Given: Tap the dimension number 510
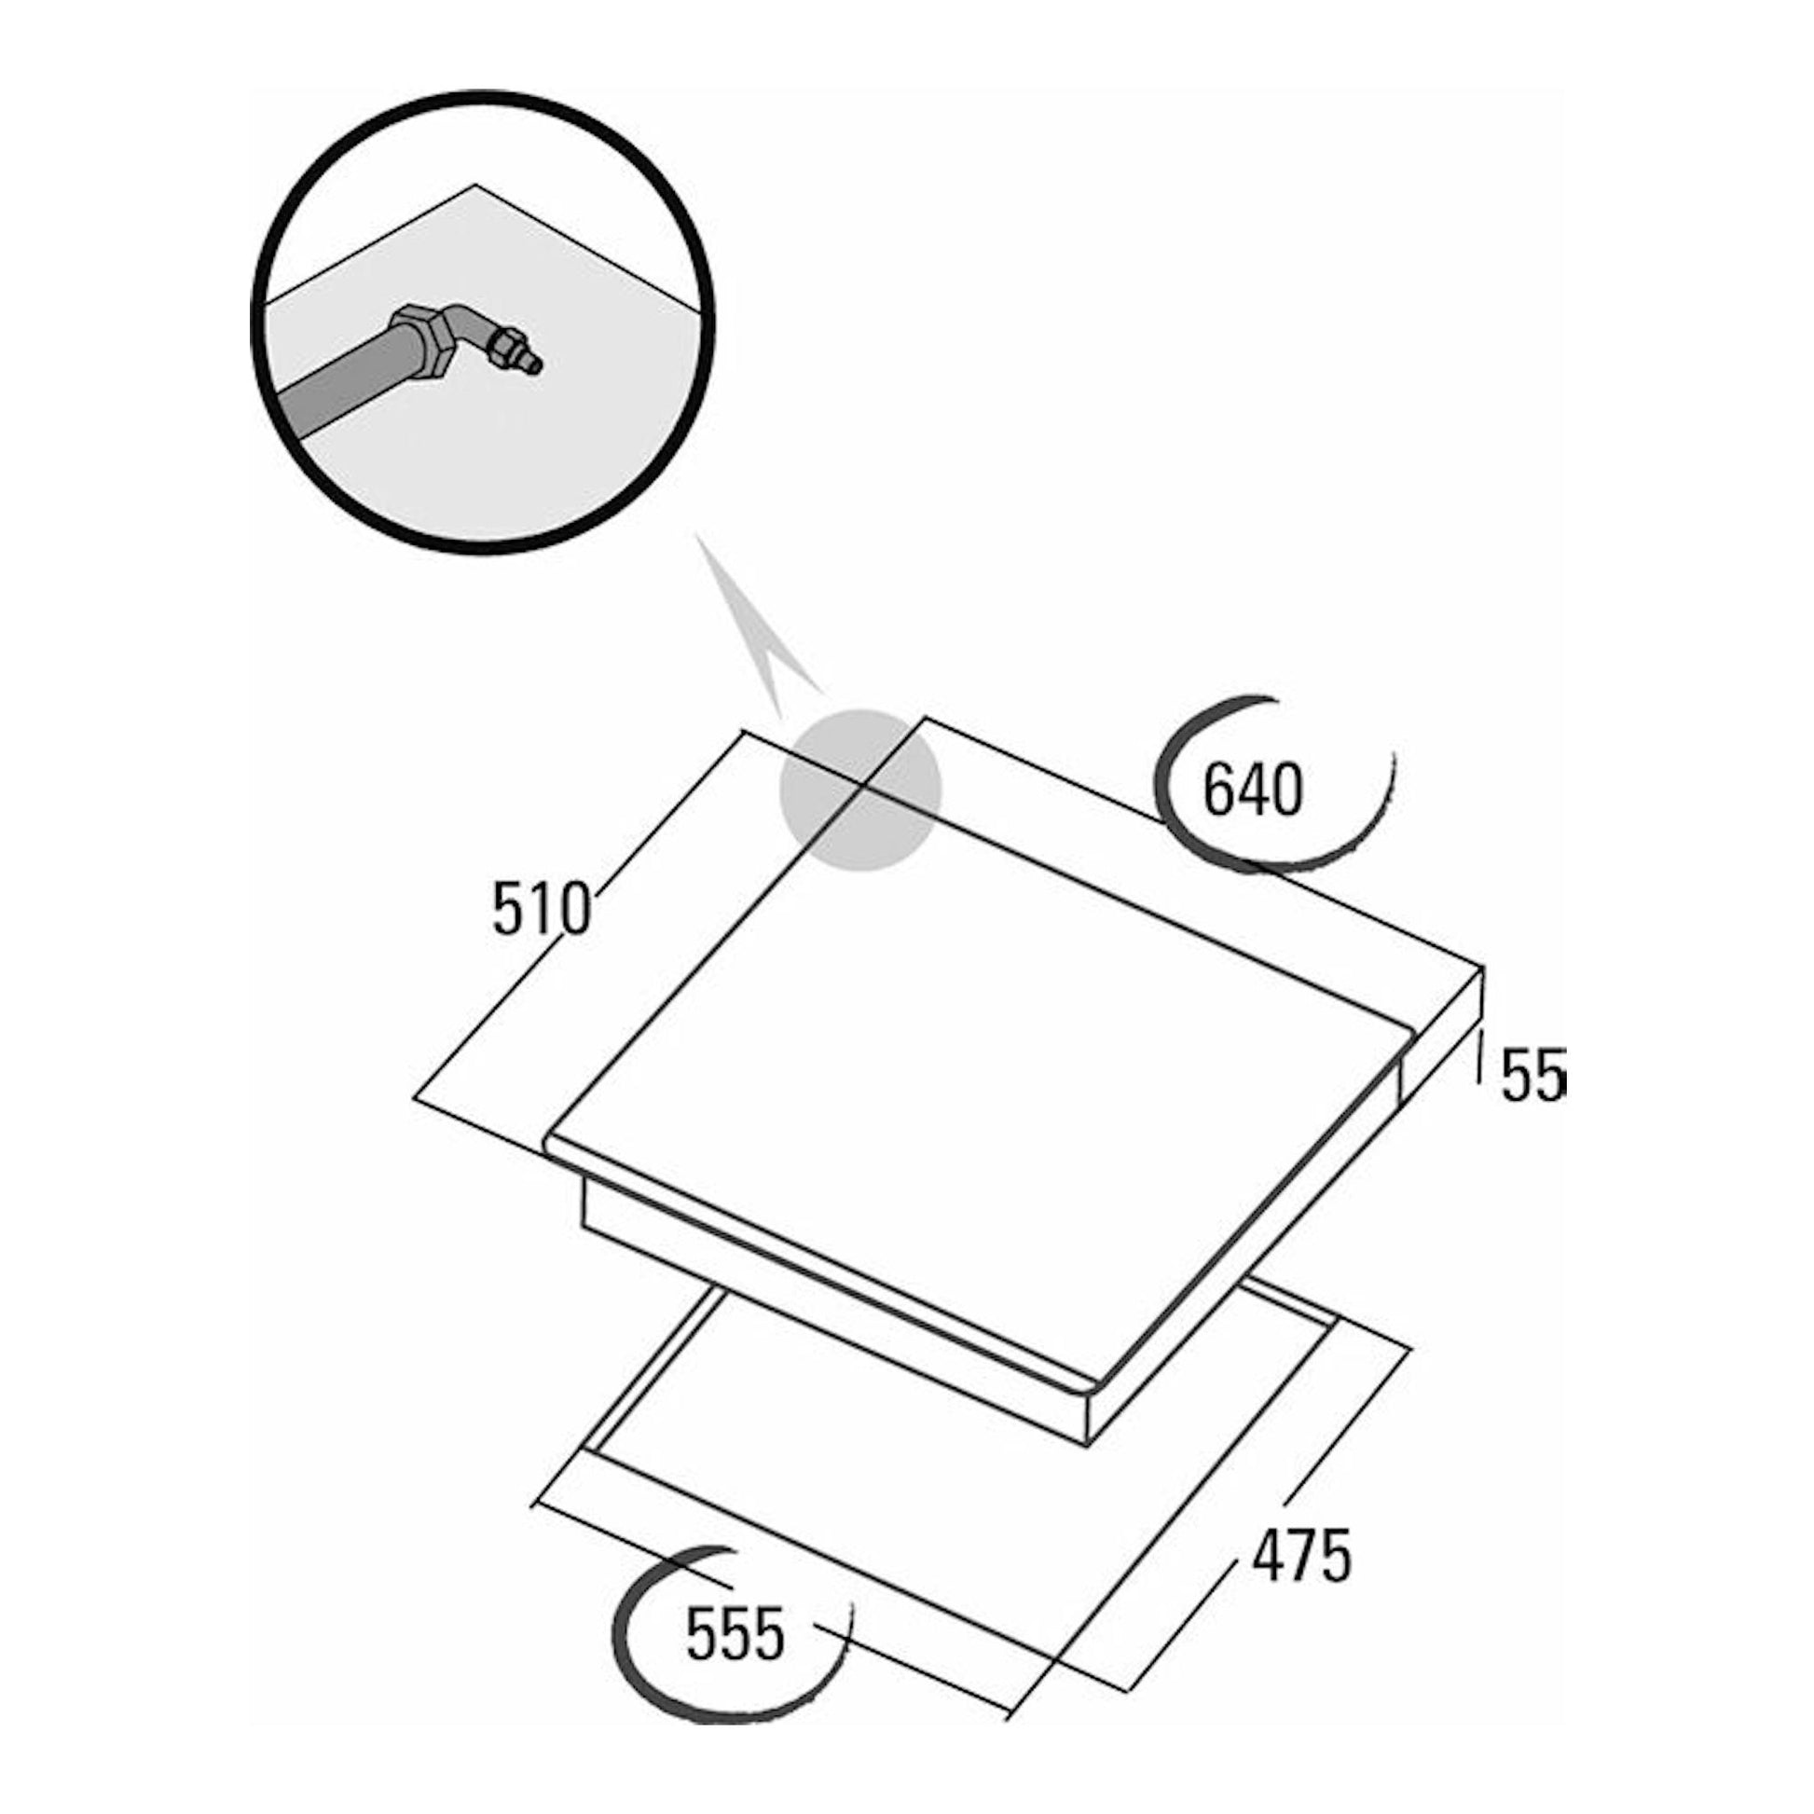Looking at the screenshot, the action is [x=542, y=910].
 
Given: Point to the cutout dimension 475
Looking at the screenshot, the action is [x=1301, y=1556].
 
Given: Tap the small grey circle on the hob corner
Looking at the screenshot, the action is [x=860, y=790].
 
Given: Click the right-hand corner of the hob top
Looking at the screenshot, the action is [x=1482, y=969].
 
